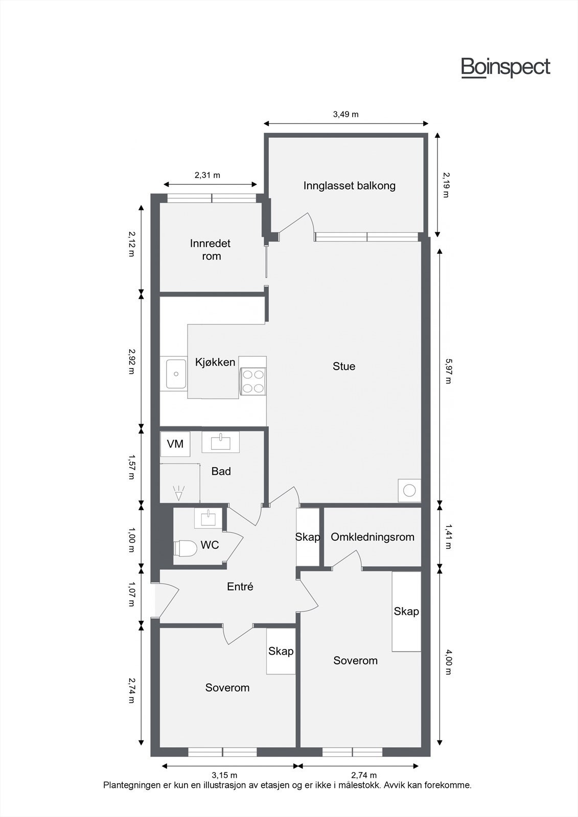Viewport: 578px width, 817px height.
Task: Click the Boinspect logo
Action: pos(505,67)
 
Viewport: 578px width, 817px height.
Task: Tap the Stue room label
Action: pos(344,366)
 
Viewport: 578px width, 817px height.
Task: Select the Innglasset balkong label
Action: pos(349,185)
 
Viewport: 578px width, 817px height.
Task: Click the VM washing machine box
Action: pos(175,444)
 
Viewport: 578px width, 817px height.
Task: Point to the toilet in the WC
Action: pos(186,548)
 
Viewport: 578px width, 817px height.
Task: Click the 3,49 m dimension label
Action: pos(345,114)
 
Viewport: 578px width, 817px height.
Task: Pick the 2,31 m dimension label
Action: pos(207,175)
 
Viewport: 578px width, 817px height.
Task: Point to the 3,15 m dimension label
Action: pos(224,776)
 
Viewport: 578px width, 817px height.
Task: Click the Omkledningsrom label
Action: pos(372,537)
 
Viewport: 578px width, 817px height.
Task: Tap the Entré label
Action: pos(240,587)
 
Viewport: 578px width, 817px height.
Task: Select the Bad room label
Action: pos(221,471)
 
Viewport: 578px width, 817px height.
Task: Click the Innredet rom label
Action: pos(210,249)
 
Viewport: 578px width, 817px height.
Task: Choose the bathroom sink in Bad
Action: pos(220,442)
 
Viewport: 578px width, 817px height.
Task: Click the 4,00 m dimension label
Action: pos(448,662)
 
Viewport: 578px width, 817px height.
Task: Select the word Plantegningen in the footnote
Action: pos(131,785)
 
